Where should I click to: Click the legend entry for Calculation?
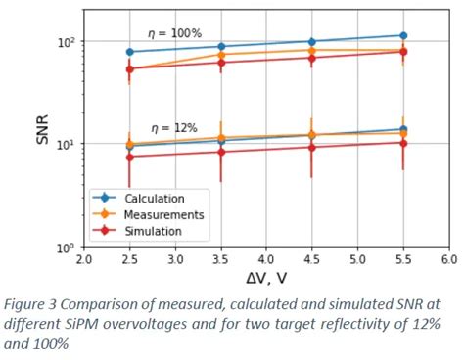[x=155, y=199]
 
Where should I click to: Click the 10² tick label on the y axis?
[x=67, y=42]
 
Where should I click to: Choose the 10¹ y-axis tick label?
[x=67, y=144]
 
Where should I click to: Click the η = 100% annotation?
[x=173, y=33]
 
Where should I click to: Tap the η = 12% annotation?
[x=174, y=128]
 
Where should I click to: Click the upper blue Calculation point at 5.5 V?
[x=402, y=35]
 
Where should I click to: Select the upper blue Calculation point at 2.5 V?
[x=129, y=52]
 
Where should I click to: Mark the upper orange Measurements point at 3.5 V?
[x=220, y=55]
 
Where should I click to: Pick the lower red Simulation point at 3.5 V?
[x=220, y=152]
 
